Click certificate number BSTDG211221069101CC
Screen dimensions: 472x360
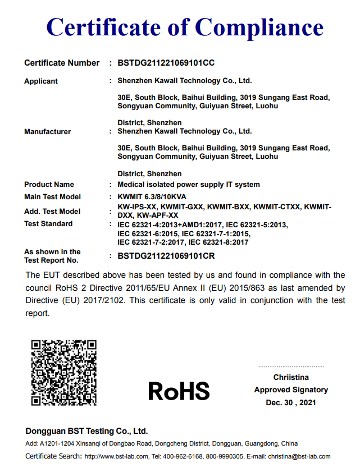pos(166,63)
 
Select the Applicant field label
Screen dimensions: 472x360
pos(41,81)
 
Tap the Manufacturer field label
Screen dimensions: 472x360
pos(48,132)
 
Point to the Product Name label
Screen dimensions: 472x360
pos(49,185)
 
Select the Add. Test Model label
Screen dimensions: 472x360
pos(52,212)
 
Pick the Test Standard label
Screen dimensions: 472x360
pos(48,224)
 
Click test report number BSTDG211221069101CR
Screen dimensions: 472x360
pos(166,256)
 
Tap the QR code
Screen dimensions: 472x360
pos(64,372)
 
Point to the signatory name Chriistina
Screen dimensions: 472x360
pos(291,377)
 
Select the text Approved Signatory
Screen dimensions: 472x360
pos(291,389)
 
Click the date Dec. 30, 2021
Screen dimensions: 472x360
pos(291,402)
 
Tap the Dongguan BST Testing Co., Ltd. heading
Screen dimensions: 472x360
pos(86,431)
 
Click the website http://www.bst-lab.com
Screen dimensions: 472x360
pos(116,456)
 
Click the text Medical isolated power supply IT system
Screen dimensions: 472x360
pos(189,185)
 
